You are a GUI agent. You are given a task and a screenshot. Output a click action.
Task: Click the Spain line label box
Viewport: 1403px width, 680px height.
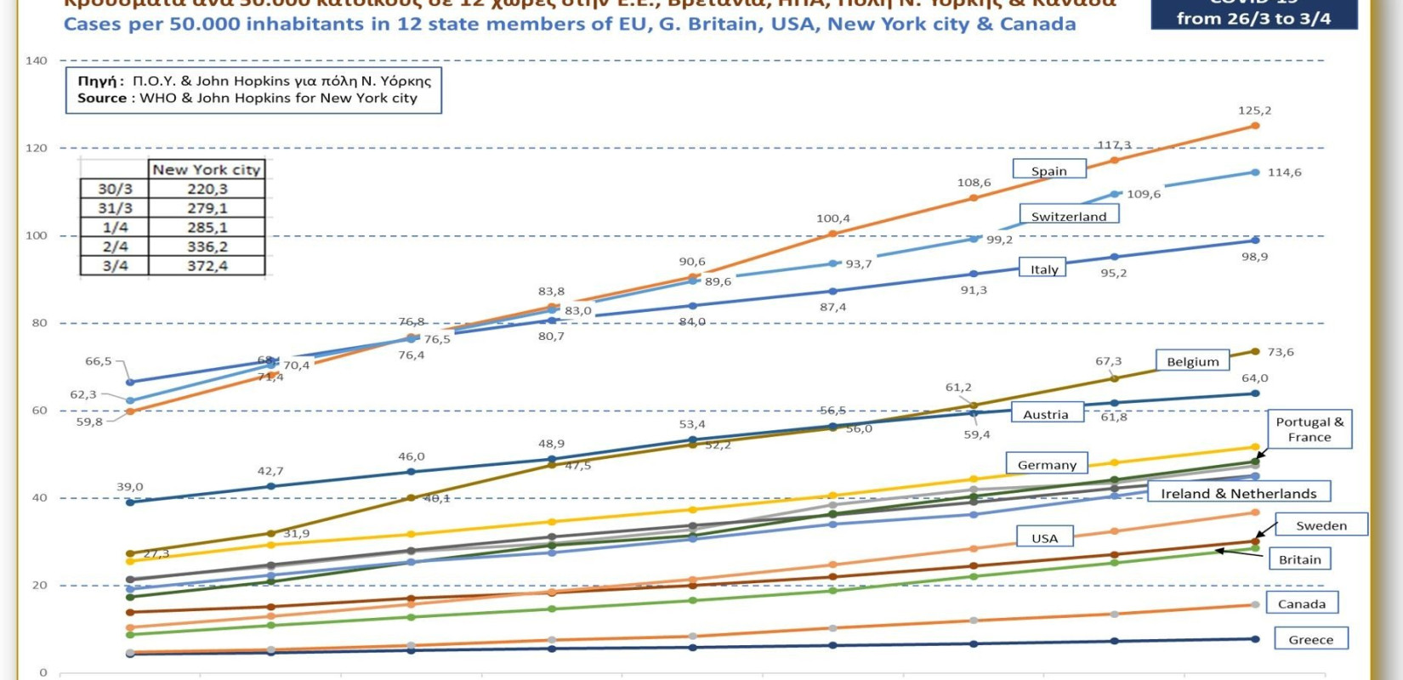(x=1049, y=170)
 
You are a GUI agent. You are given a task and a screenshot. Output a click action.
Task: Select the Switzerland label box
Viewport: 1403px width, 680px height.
(x=1069, y=216)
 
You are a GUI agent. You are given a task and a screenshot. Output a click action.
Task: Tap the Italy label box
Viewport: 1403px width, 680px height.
(x=1044, y=269)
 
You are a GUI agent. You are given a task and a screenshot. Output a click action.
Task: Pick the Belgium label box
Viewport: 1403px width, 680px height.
(x=1192, y=361)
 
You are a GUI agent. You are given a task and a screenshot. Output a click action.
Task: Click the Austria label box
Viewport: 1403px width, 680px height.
(x=1045, y=414)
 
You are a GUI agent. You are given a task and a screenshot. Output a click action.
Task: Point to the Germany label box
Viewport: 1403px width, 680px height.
(x=1047, y=464)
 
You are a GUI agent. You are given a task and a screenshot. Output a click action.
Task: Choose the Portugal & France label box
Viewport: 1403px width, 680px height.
(x=1309, y=429)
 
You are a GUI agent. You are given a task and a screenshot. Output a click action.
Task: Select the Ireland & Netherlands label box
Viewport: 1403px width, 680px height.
(x=1238, y=493)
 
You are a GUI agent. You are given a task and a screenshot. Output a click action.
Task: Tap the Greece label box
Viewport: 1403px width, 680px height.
(x=1310, y=639)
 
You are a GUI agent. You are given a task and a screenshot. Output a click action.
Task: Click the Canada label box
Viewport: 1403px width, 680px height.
(x=1301, y=603)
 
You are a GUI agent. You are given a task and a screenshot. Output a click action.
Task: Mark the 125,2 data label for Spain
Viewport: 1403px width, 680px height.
(x=1254, y=110)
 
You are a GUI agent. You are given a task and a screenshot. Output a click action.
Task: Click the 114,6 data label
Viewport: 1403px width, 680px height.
(x=1284, y=172)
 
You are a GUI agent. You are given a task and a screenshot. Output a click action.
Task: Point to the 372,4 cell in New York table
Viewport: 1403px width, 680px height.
(x=207, y=265)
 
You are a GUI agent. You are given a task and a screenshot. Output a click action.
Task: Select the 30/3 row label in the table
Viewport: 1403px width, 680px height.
(x=115, y=189)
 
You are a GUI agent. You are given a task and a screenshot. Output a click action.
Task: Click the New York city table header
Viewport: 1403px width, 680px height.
(x=207, y=169)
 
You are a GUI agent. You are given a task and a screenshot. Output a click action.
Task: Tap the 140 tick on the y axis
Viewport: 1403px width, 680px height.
(x=37, y=60)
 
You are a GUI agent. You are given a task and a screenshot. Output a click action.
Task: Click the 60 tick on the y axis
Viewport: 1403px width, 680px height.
(x=40, y=411)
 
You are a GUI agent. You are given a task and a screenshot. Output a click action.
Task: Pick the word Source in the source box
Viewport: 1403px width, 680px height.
(x=102, y=98)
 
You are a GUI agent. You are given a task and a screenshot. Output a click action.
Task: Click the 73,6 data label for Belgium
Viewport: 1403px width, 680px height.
(x=1280, y=352)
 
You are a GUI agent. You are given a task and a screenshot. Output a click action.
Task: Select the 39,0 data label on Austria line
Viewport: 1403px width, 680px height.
(x=129, y=487)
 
